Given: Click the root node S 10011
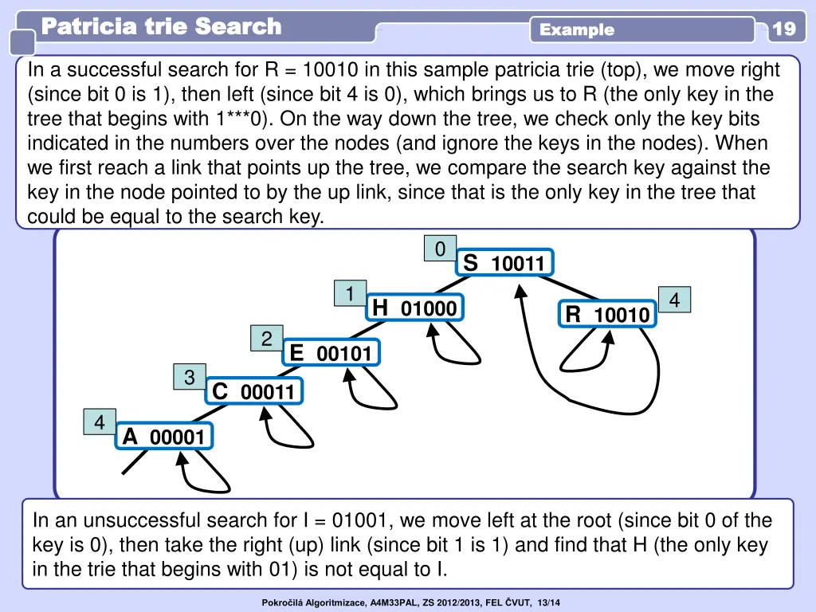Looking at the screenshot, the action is click(504, 262).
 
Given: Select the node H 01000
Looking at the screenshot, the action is click(414, 308).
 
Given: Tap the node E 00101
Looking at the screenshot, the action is click(331, 353).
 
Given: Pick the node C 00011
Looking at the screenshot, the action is click(254, 391).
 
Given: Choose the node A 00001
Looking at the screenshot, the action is click(164, 436).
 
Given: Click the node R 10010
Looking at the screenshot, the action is click(607, 314).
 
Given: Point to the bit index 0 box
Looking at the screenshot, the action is click(440, 249).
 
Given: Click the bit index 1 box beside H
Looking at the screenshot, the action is click(351, 293).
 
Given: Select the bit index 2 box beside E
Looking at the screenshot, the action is click(266, 338).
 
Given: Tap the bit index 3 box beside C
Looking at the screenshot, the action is click(190, 377).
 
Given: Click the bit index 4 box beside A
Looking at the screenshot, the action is click(100, 422).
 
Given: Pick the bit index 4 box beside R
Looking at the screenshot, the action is click(674, 300).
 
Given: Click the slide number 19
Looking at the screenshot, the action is click(784, 28).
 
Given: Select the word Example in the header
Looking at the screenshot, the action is click(577, 29).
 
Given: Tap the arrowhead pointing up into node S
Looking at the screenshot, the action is click(520, 292).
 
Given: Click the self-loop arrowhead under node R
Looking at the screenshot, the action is click(609, 337).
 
